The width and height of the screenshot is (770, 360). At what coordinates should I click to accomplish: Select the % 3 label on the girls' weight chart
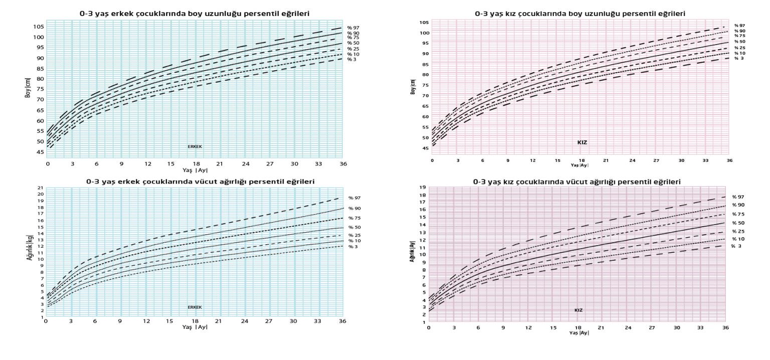tap(735, 246)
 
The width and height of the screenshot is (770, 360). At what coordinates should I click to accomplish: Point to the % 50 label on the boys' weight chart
tap(354, 227)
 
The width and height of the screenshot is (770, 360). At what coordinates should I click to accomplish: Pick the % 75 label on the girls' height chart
tap(739, 36)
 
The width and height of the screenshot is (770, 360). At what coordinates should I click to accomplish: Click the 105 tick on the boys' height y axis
tap(39, 27)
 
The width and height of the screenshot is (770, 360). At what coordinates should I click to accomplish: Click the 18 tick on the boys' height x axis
tap(196, 164)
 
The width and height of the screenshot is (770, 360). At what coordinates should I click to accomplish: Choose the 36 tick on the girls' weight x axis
tap(725, 327)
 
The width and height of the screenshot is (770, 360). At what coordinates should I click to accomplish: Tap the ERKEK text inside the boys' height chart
tap(195, 146)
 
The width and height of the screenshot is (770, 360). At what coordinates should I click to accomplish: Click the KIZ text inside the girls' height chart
tap(582, 142)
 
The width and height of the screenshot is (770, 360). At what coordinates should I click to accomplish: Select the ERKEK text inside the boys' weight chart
tap(195, 307)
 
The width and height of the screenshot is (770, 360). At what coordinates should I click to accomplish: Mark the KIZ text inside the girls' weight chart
tap(579, 310)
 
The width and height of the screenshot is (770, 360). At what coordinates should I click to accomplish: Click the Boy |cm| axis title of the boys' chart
tap(28, 88)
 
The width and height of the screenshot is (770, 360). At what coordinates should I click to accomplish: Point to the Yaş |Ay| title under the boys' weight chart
tap(195, 327)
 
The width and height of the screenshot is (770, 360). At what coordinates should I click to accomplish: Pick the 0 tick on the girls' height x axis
tap(432, 160)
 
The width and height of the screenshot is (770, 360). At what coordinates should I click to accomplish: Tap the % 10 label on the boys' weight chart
tap(354, 241)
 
